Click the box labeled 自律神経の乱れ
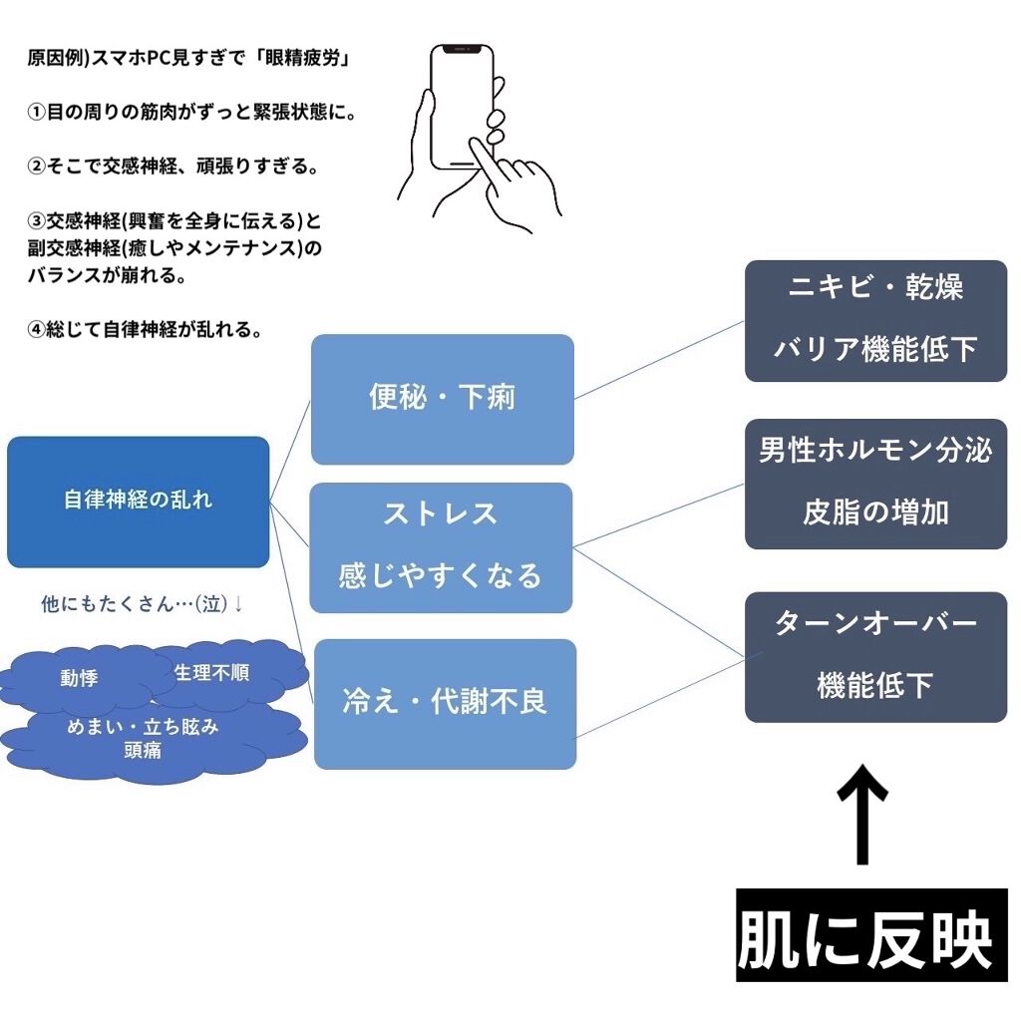pyautogui.click(x=138, y=502)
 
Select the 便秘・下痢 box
pyautogui.click(x=442, y=399)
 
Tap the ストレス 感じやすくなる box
pyautogui.click(x=441, y=547)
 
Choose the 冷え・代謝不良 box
pyautogui.click(x=445, y=704)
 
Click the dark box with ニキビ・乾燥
pyautogui.click(x=875, y=320)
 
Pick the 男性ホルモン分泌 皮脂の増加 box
pyautogui.click(x=875, y=484)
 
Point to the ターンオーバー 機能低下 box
pyautogui.click(x=875, y=656)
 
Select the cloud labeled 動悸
pyautogui.click(x=80, y=679)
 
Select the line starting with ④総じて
pyautogui.click(x=146, y=330)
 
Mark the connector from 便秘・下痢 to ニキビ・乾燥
pyautogui.click(x=659, y=360)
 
